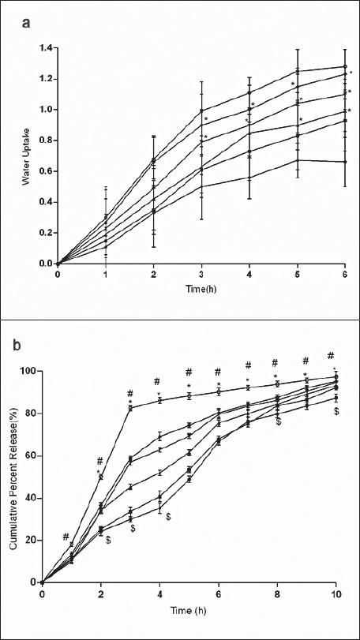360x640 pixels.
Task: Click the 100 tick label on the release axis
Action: click(30, 371)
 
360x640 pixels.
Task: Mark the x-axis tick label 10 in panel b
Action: click(336, 594)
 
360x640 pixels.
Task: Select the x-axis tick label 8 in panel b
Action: click(277, 594)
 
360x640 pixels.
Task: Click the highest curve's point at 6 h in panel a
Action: click(346, 67)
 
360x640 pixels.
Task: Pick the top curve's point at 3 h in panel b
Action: click(130, 408)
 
